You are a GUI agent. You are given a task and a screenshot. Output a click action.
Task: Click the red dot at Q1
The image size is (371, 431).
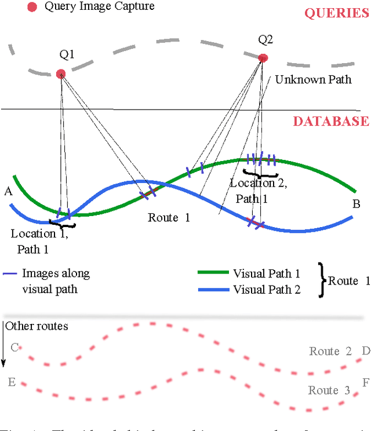point(60,74)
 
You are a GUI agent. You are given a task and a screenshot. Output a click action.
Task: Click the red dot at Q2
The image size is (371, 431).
point(263,57)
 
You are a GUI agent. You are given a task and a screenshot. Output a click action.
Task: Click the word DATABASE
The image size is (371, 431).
point(330,121)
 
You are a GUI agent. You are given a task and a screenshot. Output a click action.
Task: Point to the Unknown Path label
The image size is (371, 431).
point(313,79)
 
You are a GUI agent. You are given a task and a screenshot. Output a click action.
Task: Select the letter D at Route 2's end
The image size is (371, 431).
point(365,350)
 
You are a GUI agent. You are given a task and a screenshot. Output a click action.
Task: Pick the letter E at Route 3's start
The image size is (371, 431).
point(12,382)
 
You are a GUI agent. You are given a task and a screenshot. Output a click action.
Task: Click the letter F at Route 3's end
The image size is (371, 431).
point(365,383)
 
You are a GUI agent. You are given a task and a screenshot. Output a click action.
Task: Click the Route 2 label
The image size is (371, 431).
point(330,351)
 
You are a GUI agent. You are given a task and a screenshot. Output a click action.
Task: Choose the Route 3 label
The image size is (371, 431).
point(329,390)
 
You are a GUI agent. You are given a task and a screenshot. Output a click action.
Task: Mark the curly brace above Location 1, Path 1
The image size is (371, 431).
point(63,223)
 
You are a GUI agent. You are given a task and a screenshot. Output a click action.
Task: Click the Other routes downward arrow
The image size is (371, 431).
point(3,348)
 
